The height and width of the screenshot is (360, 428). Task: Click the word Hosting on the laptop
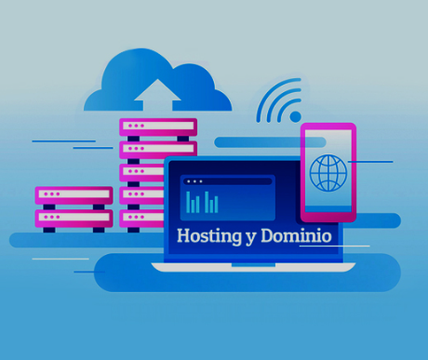pyautogui.click(x=209, y=236)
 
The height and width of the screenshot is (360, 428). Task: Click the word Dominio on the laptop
pyautogui.click(x=296, y=236)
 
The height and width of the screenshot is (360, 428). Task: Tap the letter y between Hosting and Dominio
pyautogui.click(x=251, y=239)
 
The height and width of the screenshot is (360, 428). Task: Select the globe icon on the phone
pyautogui.click(x=328, y=173)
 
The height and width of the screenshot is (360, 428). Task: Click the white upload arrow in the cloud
pyautogui.click(x=157, y=95)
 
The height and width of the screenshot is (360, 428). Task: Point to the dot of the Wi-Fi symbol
pyautogui.click(x=296, y=116)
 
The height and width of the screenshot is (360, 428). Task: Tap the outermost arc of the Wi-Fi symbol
pyautogui.click(x=273, y=95)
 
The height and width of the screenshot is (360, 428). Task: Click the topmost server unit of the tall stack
pyautogui.click(x=158, y=127)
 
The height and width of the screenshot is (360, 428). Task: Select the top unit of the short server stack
pyautogui.click(x=74, y=195)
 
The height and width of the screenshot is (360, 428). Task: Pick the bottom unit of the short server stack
pyautogui.click(x=74, y=219)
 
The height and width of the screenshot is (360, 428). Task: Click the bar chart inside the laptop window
pyautogui.click(x=202, y=202)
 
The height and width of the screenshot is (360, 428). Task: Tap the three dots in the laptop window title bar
pyautogui.click(x=194, y=181)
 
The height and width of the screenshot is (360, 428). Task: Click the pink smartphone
pyautogui.click(x=328, y=172)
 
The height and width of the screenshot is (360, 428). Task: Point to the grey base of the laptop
pyautogui.click(x=253, y=267)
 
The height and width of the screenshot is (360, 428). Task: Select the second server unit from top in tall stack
pyautogui.click(x=158, y=150)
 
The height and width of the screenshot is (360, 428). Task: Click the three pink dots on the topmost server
pyautogui.click(x=136, y=126)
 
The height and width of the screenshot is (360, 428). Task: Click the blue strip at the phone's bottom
pyautogui.click(x=328, y=209)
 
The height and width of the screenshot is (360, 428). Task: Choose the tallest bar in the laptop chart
pyautogui.click(x=188, y=202)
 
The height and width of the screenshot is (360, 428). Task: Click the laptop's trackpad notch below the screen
pyautogui.click(x=253, y=265)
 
